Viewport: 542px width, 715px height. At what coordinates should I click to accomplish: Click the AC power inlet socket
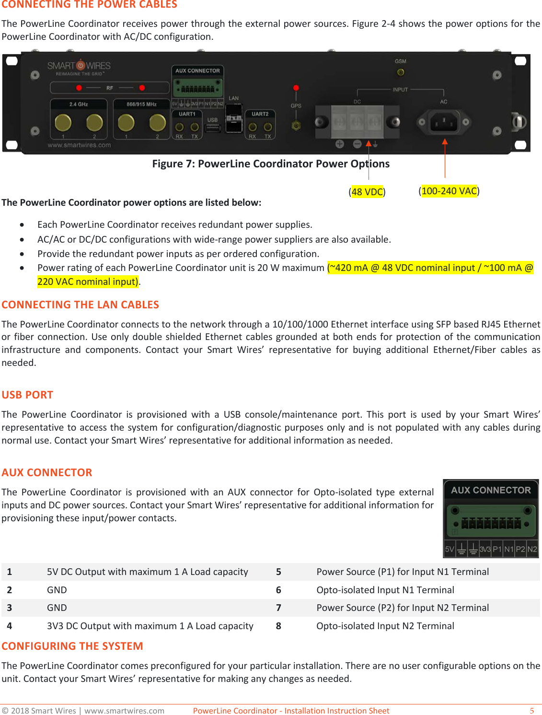[x=444, y=122]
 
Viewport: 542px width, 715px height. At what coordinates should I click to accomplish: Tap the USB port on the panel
[x=212, y=128]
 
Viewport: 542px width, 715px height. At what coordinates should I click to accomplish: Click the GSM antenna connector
[x=401, y=72]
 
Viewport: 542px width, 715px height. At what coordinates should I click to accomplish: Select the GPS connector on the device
[x=296, y=126]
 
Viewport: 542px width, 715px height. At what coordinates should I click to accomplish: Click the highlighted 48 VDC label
[x=367, y=192]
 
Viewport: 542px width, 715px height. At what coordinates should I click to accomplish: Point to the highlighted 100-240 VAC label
[x=449, y=191]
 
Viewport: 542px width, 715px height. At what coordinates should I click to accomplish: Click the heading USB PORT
[x=27, y=395]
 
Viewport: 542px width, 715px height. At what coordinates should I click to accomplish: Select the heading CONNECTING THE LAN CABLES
[x=80, y=305]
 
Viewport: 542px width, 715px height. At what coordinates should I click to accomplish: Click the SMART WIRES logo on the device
[x=79, y=66]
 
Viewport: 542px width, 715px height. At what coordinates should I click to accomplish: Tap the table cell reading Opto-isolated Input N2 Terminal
[x=385, y=626]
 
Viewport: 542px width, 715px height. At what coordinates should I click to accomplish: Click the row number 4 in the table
[x=10, y=626]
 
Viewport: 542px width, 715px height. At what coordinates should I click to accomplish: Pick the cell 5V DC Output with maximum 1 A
[x=147, y=572]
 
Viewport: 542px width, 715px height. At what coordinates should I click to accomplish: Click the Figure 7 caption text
[x=271, y=164]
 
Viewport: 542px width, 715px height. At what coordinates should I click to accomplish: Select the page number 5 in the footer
[x=531, y=711]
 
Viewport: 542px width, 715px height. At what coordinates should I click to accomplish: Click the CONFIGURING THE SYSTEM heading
[x=72, y=646]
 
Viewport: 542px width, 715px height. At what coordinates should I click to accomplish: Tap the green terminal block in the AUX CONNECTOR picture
[x=491, y=523]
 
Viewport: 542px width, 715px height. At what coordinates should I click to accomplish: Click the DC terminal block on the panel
[x=357, y=122]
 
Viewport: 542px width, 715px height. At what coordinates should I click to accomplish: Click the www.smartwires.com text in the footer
[x=124, y=711]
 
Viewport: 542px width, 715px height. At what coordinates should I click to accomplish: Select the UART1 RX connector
[x=179, y=128]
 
